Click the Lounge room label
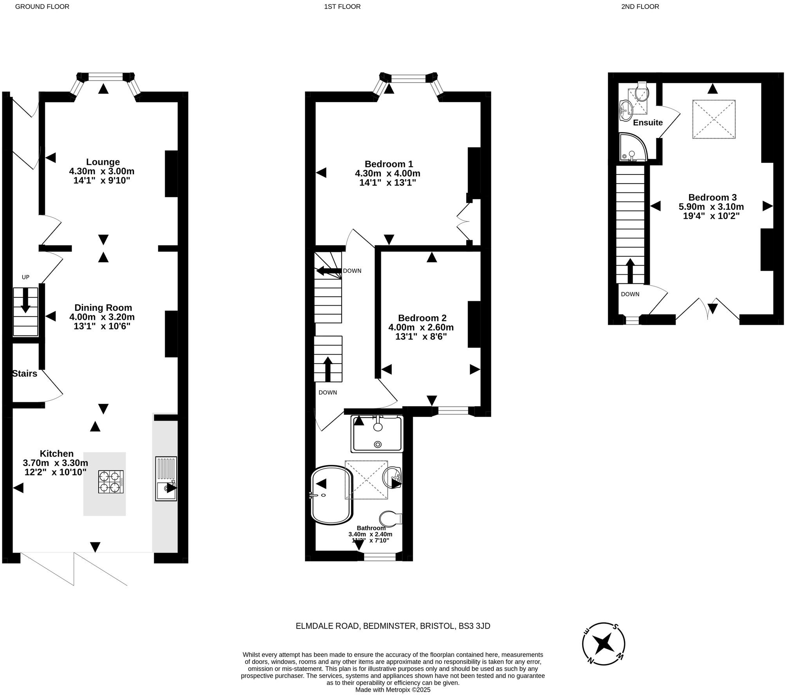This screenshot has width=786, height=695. click(103, 162)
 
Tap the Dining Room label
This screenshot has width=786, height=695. click(103, 308)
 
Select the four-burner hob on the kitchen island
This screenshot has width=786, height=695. click(110, 482)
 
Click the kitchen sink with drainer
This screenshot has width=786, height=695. click(166, 479)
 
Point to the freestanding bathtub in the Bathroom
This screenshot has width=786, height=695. click(332, 495)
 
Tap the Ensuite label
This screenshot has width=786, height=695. click(648, 122)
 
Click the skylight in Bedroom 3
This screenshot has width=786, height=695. click(714, 119)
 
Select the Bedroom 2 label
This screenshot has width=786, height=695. click(422, 318)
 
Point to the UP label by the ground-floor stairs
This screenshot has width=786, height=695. click(25, 277)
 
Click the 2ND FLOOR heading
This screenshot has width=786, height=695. click(640, 7)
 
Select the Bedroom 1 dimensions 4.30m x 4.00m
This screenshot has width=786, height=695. click(388, 173)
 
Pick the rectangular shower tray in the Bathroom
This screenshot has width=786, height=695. click(377, 434)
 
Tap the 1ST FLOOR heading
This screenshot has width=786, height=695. click(342, 7)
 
